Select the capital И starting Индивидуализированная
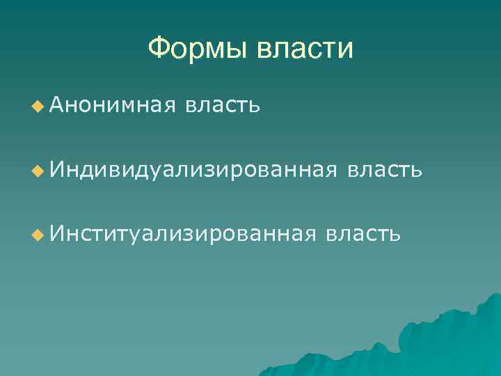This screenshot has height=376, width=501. [56, 170]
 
